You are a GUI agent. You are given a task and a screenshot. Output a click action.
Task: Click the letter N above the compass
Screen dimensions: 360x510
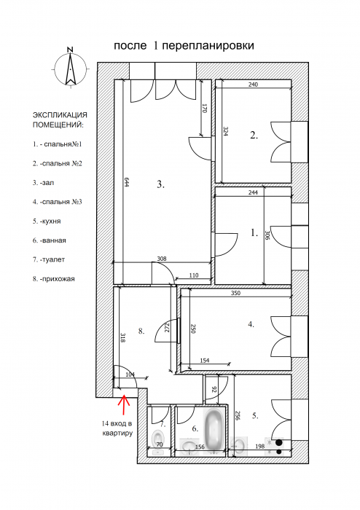click(70, 50)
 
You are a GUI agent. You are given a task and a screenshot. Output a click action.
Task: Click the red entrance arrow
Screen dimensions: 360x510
click(124, 404)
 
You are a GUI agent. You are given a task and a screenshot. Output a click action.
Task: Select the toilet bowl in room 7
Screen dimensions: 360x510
click(158, 438)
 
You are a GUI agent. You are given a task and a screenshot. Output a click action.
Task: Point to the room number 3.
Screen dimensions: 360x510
click(160, 185)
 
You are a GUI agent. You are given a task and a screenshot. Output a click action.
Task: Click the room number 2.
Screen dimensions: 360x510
click(254, 135)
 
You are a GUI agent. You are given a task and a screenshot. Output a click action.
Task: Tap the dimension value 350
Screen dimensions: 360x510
click(235, 293)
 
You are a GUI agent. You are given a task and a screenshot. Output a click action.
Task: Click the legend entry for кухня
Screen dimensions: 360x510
click(47, 221)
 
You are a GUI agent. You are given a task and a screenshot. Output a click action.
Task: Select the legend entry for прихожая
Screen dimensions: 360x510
click(53, 279)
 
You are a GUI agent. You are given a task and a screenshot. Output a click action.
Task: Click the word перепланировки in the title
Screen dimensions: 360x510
click(208, 46)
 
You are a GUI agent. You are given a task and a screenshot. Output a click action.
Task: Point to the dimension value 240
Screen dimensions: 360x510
click(253, 85)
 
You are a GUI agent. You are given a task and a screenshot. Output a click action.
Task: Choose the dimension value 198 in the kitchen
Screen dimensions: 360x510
click(260, 447)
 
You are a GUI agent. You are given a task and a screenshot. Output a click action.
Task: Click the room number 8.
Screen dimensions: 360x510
click(141, 331)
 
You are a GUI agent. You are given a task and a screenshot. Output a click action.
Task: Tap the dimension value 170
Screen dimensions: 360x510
click(205, 109)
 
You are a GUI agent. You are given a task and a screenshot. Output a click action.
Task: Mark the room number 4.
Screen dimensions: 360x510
click(251, 324)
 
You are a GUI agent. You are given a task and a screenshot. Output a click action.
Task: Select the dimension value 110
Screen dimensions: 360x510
click(194, 275)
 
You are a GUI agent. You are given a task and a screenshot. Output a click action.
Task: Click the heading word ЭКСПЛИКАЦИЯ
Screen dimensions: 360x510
click(60, 115)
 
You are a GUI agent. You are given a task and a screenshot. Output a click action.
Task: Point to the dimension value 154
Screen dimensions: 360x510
click(205, 361)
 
